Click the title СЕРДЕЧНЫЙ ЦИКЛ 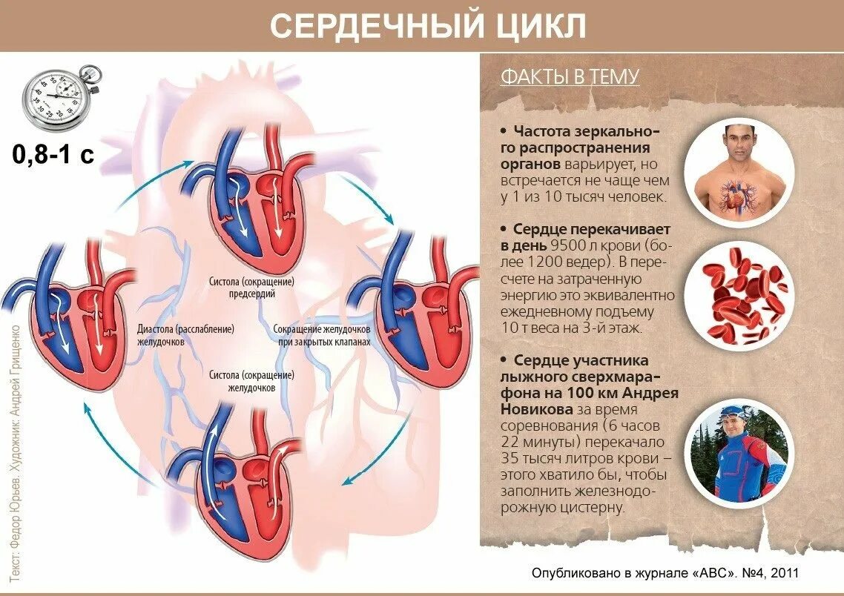[x=428, y=26]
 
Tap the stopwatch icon [x=61, y=97]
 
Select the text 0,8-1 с [x=53, y=155]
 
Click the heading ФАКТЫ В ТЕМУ [x=570, y=76]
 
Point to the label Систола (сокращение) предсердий [x=252, y=288]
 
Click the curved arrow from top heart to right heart [x=368, y=198]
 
